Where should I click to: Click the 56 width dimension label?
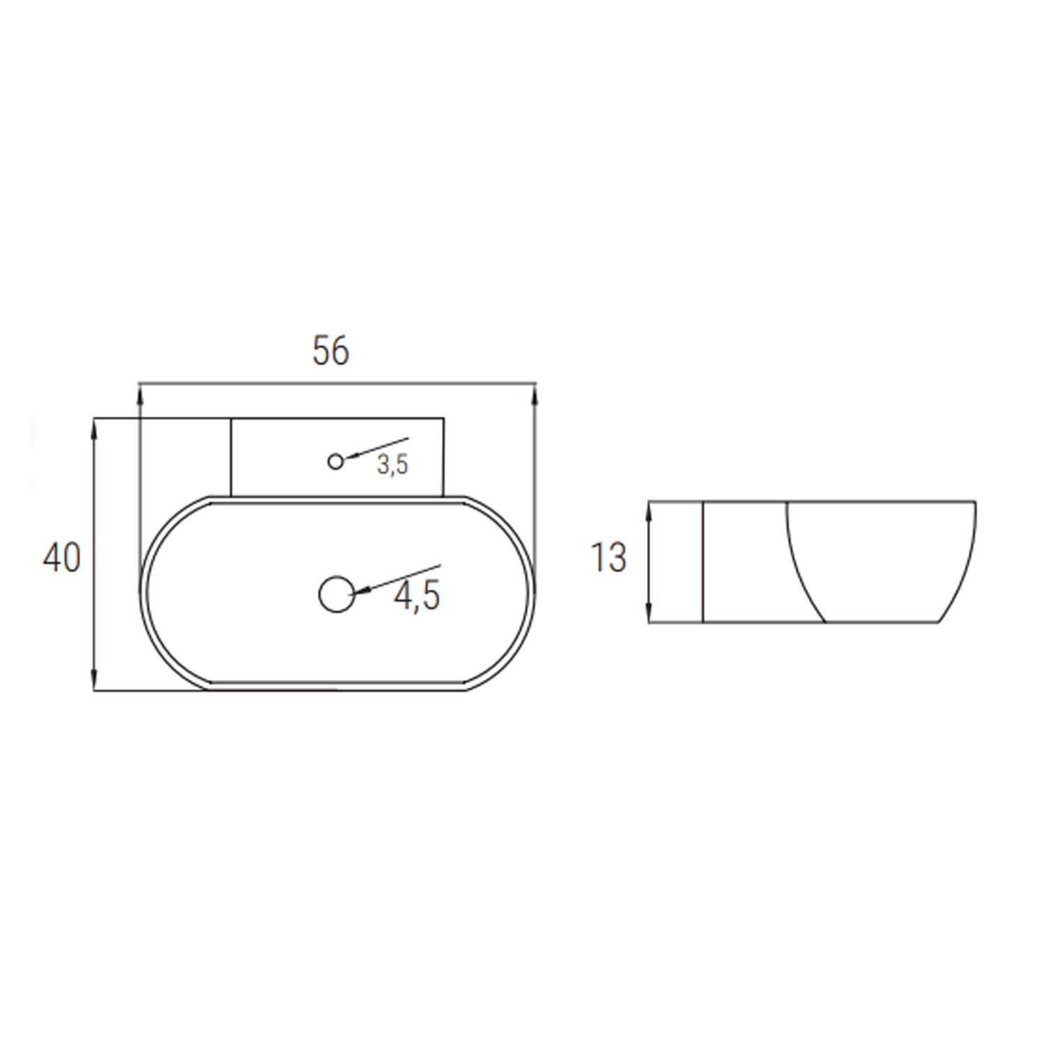coord(330,351)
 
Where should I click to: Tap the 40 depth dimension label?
coord(62,558)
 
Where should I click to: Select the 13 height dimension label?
coord(609,558)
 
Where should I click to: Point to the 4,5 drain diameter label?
coord(417,596)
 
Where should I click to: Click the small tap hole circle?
coord(336,461)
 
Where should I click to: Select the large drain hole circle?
coord(336,595)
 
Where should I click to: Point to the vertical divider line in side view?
coord(702,562)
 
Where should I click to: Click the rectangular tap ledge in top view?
coord(279,457)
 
